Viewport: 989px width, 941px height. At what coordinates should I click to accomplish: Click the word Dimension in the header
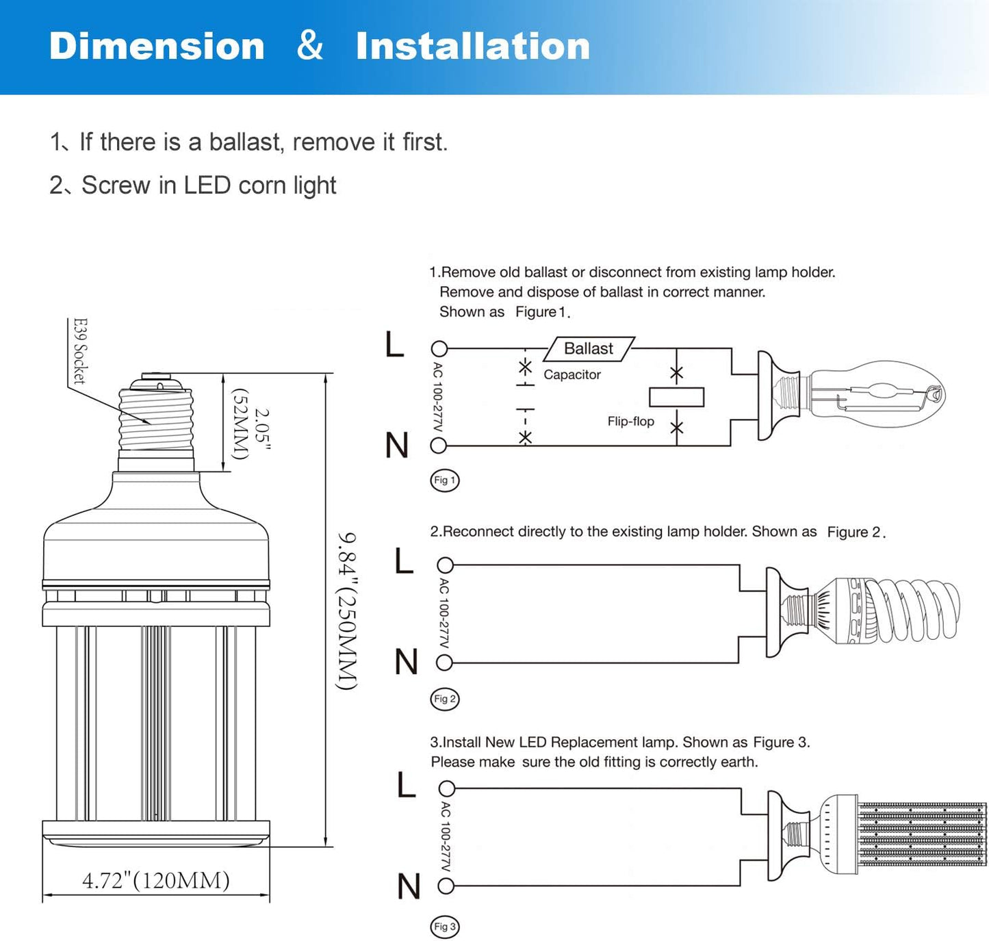pos(157,47)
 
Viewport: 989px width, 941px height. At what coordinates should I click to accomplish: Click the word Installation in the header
pos(472,47)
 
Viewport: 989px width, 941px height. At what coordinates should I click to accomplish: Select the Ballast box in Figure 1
pos(589,348)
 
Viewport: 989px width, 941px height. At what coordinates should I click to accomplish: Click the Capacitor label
pos(572,374)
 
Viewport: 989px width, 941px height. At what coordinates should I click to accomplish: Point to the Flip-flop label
pos(630,422)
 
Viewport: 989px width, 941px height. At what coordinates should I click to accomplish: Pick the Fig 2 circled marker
pos(445,699)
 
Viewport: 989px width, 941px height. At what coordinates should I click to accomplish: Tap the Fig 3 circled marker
pos(445,927)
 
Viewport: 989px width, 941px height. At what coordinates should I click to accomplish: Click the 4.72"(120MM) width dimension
pos(156,880)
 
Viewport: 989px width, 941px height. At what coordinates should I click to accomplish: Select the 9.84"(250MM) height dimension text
pos(348,610)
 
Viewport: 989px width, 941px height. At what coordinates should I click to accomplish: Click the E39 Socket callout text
pos(80,351)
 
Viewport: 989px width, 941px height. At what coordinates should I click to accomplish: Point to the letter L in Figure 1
pos(395,344)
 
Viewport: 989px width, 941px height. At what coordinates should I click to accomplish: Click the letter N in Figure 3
pos(409,886)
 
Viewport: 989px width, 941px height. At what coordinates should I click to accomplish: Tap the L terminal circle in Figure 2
pos(445,565)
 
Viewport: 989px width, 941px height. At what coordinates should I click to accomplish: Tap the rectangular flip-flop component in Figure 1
pos(676,397)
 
